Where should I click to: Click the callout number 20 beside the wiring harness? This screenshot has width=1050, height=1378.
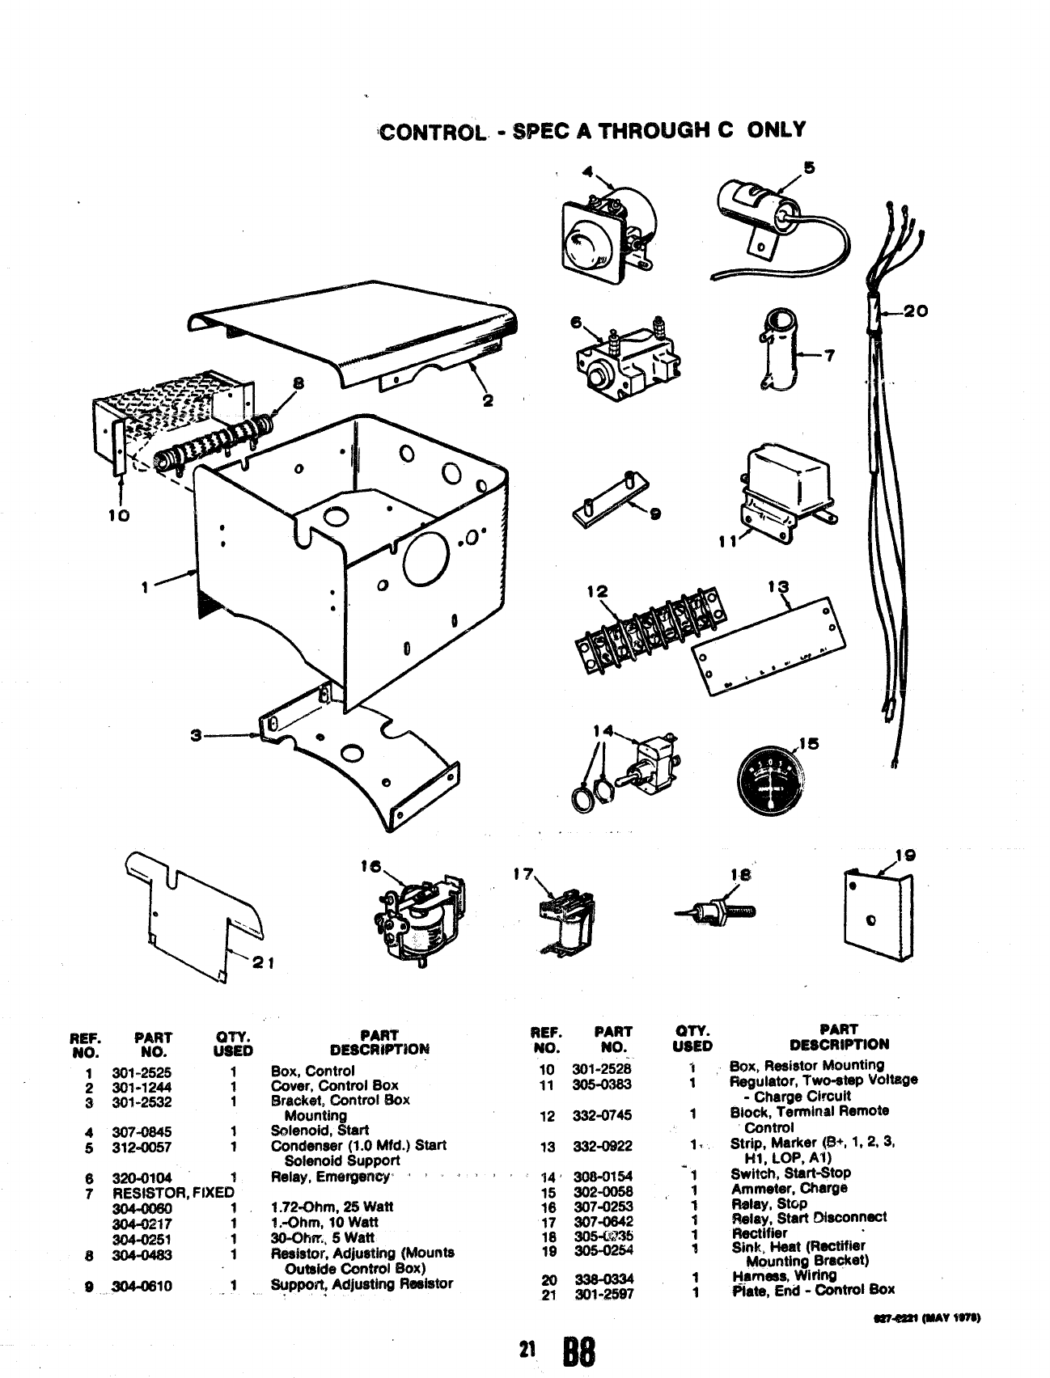tap(917, 311)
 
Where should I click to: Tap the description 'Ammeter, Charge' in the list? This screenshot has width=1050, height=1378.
tap(789, 1188)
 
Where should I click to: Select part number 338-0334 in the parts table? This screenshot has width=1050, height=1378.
tap(603, 1279)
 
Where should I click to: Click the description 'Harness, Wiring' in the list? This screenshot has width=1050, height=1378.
tap(783, 1275)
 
